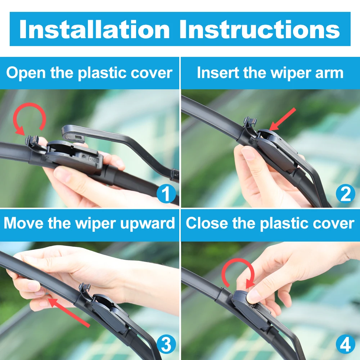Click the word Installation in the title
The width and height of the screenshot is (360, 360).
pyautogui.click(x=94, y=29)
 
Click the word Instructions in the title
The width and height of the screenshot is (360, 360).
pyautogui.click(x=260, y=29)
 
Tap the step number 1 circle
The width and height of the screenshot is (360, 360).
pyautogui.click(x=166, y=194)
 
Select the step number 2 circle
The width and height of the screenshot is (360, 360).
pyautogui.click(x=345, y=194)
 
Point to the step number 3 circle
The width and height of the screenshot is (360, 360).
pyautogui.click(x=166, y=345)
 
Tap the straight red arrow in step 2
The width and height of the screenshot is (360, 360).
pyautogui.click(x=283, y=119)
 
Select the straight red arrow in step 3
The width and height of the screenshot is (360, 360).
pyautogui.click(x=68, y=312)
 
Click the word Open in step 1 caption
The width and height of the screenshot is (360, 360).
pyautogui.click(x=26, y=73)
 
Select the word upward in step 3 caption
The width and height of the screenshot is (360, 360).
pyautogui.click(x=147, y=224)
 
